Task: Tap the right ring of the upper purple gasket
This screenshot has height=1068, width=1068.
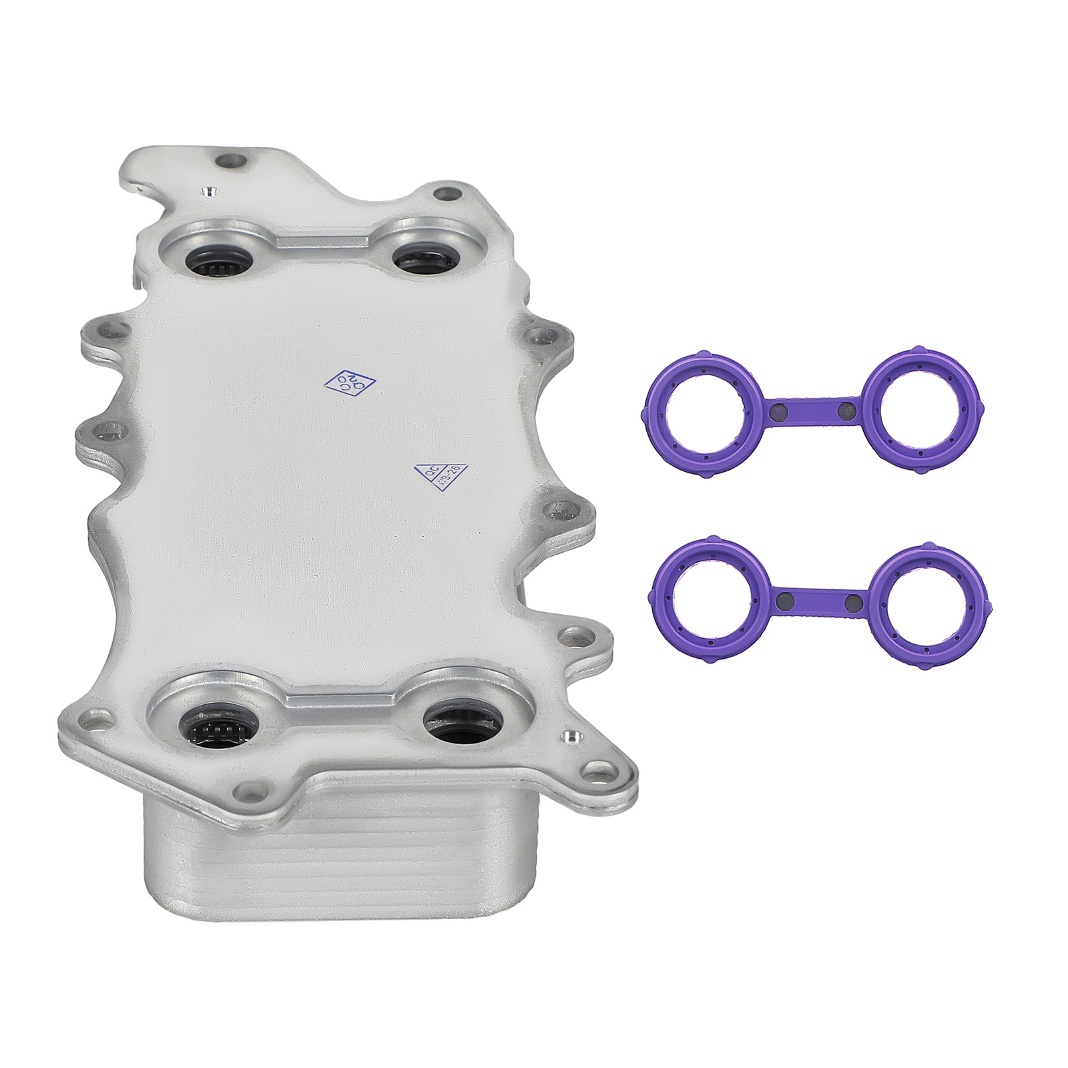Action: tap(924, 412)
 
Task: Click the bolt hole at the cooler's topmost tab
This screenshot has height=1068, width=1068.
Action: tap(232, 161)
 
